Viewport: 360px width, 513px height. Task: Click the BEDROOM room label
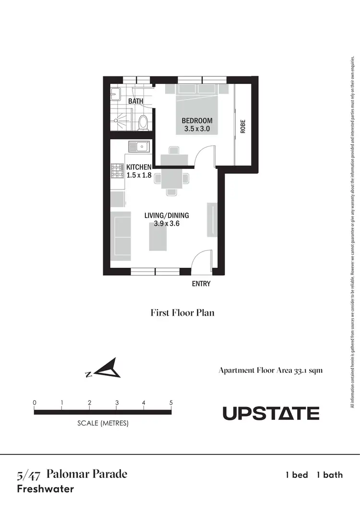pos(196,120)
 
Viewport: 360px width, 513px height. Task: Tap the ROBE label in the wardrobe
pos(243,127)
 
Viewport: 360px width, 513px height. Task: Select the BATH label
pos(135,101)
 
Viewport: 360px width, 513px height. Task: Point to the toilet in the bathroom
pos(143,122)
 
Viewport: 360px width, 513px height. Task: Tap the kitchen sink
pos(139,146)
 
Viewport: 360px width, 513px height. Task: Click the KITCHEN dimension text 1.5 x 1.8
pos(139,176)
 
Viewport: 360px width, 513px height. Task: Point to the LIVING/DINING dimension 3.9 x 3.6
pos(167,224)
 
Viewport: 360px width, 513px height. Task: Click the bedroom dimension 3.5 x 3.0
pos(197,129)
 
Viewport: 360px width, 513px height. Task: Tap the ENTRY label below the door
pos(201,284)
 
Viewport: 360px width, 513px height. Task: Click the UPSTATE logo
pos(271,413)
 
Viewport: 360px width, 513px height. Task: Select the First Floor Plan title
pos(182,313)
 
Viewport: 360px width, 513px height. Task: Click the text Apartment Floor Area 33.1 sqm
pos(274,370)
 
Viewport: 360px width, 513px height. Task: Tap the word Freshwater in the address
pos(46,489)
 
